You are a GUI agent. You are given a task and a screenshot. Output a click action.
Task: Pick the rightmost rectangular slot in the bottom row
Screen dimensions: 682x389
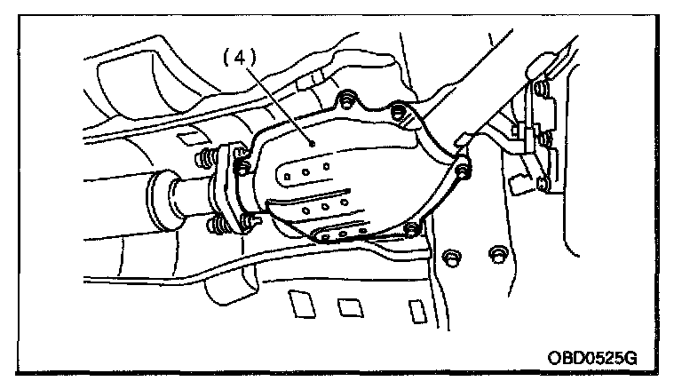pyautogui.click(x=415, y=312)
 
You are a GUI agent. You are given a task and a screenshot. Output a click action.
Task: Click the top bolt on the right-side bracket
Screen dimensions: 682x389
pyautogui.click(x=539, y=88)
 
